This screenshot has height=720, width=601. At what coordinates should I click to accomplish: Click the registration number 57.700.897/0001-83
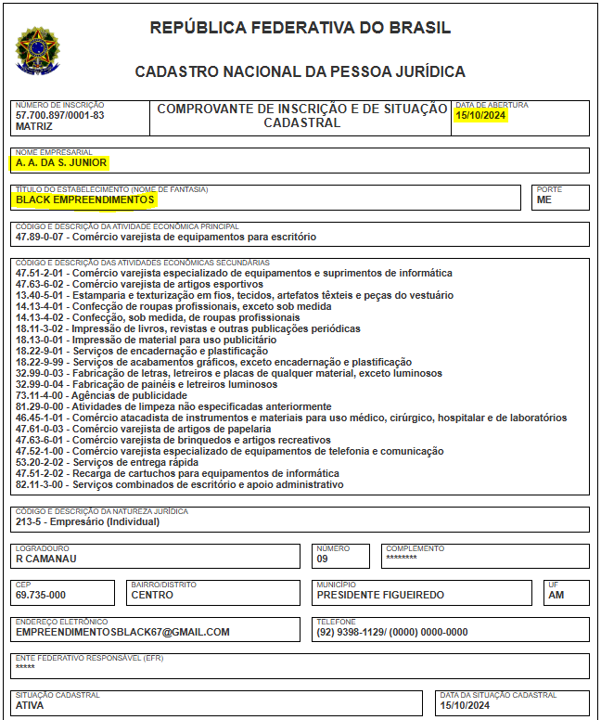tap(60, 115)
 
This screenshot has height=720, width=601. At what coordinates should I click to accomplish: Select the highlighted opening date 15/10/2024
tap(480, 115)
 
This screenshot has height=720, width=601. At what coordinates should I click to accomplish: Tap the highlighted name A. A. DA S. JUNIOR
tap(61, 162)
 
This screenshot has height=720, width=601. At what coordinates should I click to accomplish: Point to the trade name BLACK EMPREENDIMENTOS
tap(84, 199)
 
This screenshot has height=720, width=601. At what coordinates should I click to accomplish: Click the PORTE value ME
tap(544, 199)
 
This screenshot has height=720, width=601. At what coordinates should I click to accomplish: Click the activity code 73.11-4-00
tap(42, 395)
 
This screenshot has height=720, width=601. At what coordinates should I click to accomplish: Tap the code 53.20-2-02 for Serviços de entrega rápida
tap(42, 462)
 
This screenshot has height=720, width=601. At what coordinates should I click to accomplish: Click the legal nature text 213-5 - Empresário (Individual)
tap(87, 521)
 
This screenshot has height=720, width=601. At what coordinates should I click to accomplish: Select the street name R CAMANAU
tap(45, 559)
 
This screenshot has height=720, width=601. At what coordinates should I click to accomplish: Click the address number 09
tap(322, 559)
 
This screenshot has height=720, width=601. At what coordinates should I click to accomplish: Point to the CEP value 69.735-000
tap(41, 595)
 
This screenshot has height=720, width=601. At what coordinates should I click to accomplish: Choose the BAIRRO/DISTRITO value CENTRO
tap(152, 595)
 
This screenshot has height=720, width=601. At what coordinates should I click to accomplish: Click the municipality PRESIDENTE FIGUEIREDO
tap(380, 595)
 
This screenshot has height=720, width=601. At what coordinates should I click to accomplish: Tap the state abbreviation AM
tap(556, 595)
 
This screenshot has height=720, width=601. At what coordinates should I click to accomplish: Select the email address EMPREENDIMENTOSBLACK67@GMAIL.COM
tap(122, 632)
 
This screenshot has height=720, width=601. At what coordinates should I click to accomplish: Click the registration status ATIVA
tap(30, 705)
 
